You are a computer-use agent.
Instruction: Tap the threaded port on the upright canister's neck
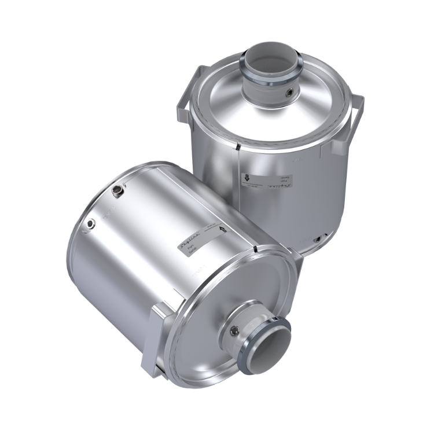click(288, 91)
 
